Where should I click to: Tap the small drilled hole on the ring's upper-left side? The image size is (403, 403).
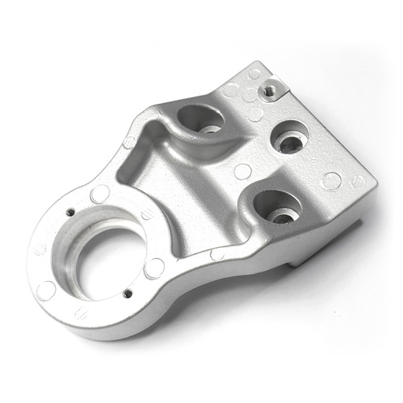[70, 212]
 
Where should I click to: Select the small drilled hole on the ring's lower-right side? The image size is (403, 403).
[128, 294]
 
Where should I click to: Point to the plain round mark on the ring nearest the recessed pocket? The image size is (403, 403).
[100, 194]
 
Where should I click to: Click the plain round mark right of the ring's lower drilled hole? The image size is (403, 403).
[154, 268]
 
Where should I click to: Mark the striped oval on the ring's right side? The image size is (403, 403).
[147, 215]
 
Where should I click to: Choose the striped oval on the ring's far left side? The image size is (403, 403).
[39, 249]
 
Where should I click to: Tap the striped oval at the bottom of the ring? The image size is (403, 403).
[81, 313]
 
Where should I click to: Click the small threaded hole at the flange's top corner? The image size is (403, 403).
[271, 89]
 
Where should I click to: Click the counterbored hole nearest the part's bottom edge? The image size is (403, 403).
[275, 206]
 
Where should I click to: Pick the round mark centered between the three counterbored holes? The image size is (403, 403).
[243, 171]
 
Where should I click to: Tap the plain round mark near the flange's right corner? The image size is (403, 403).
[332, 180]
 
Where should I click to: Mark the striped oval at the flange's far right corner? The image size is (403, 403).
[357, 182]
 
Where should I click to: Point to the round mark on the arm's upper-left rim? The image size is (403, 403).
[130, 142]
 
